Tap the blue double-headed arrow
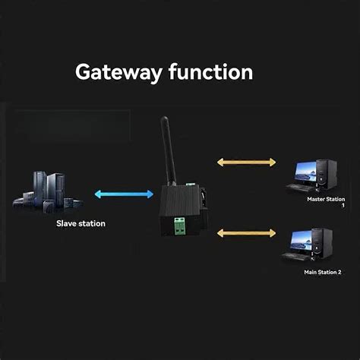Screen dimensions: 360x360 (124, 194)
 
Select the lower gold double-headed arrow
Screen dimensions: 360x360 (245, 232)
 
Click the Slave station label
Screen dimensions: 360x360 (81, 223)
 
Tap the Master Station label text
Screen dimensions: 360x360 (326, 200)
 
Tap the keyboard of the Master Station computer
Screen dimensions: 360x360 (302, 188)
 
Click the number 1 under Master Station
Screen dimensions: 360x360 (343, 206)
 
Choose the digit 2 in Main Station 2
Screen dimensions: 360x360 (339, 272)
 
